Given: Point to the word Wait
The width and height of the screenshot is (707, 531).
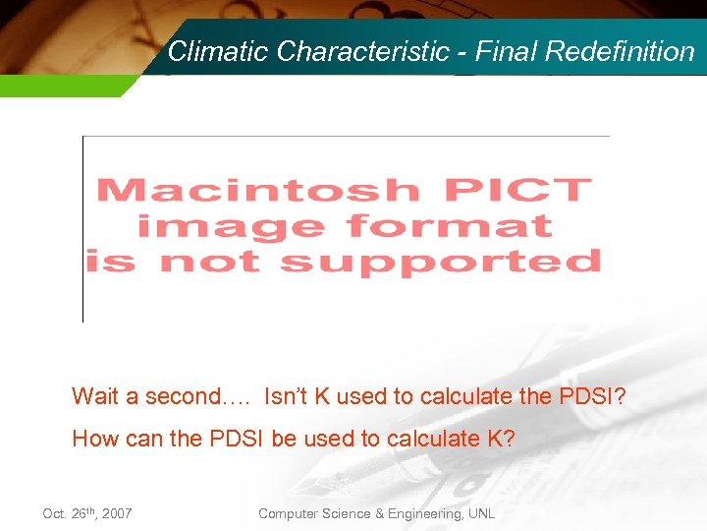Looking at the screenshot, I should [95, 396].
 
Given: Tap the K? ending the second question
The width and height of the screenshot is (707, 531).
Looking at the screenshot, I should [500, 439].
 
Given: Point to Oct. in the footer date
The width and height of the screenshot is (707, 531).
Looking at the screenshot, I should [55, 514].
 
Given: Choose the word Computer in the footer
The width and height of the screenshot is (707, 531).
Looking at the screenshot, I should [288, 514].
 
